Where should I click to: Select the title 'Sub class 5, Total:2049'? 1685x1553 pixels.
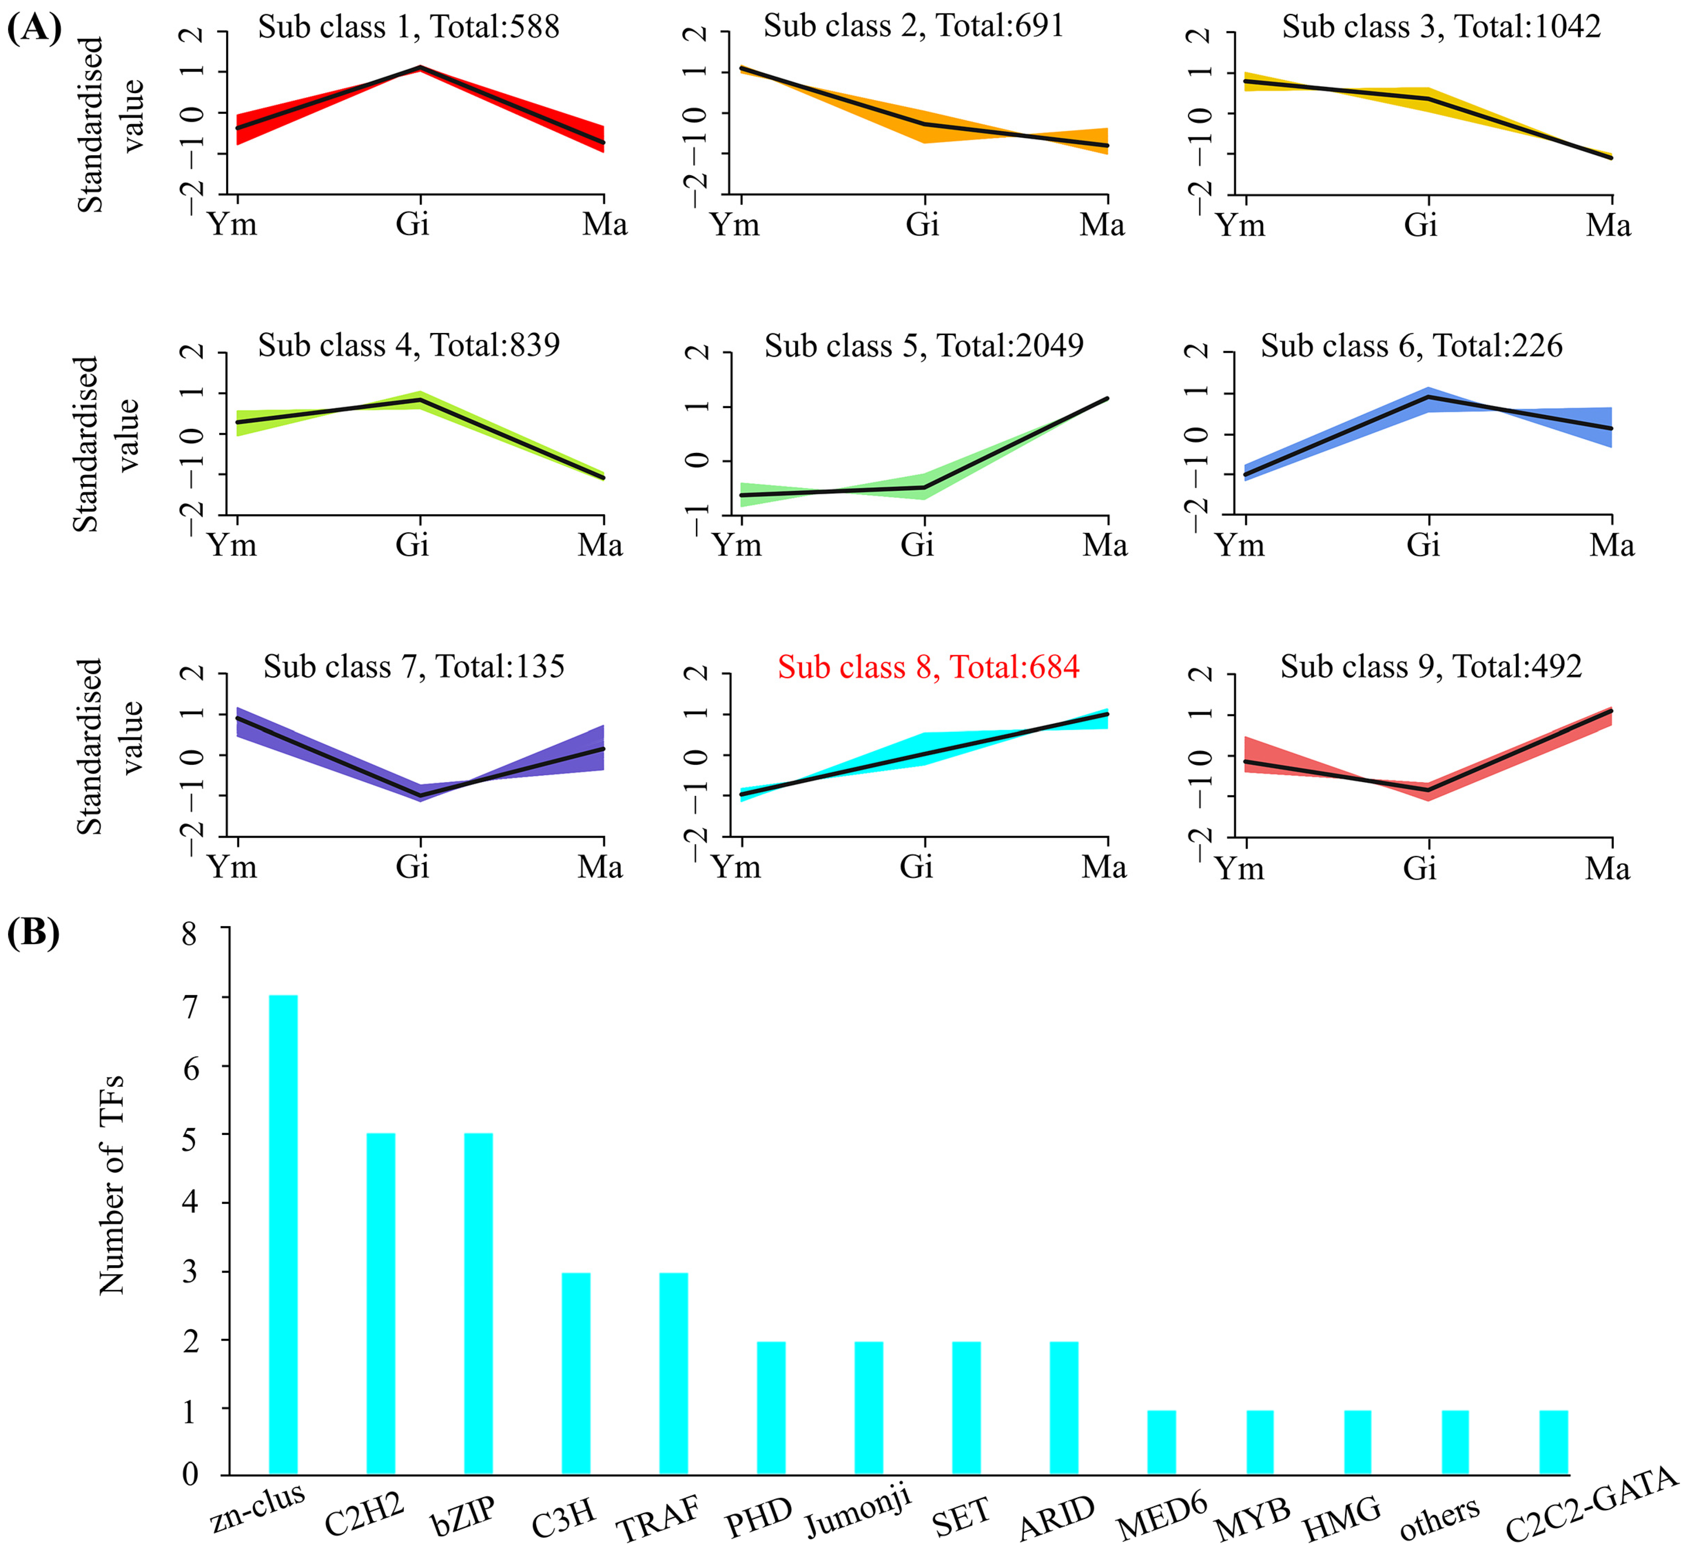coord(924,345)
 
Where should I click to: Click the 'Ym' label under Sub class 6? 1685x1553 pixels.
coord(1240,545)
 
